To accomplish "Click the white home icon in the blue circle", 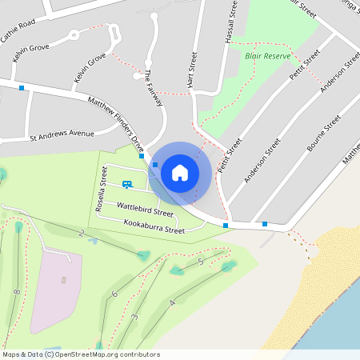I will (x=180, y=172).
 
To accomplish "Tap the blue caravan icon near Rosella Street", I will (x=127, y=185).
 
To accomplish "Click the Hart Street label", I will (x=191, y=70).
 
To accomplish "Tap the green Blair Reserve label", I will (x=266, y=57).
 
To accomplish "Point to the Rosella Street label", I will (x=102, y=190).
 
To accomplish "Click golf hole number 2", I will (x=81, y=233).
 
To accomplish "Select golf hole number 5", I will (x=200, y=262).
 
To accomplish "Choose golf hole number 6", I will (x=114, y=294).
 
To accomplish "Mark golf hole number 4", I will (x=172, y=303).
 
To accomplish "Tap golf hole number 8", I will (x=16, y=293).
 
